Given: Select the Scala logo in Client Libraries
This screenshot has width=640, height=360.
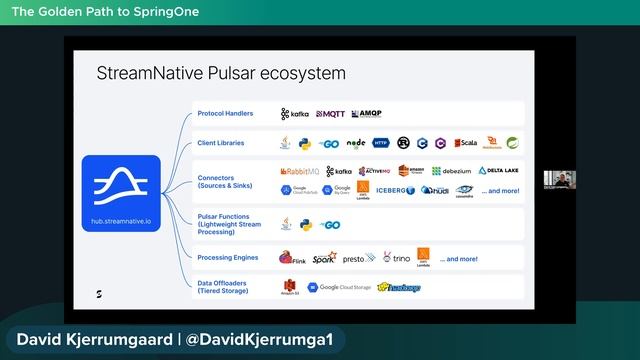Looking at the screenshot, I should [466, 143].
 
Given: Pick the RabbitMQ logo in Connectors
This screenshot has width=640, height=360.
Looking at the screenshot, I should [300, 171].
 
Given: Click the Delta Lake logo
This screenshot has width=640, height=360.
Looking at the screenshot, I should [498, 171].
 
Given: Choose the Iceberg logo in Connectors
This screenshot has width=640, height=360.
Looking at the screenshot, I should [396, 189].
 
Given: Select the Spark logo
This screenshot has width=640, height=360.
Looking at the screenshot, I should [324, 258].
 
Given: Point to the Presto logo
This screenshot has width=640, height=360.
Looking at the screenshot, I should [357, 258].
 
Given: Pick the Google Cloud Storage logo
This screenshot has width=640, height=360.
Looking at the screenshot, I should [339, 288].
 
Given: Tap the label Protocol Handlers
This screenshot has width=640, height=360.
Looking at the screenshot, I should [225, 114].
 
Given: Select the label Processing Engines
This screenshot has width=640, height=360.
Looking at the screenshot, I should [228, 258].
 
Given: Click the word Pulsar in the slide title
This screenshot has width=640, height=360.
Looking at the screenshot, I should [248, 74].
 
